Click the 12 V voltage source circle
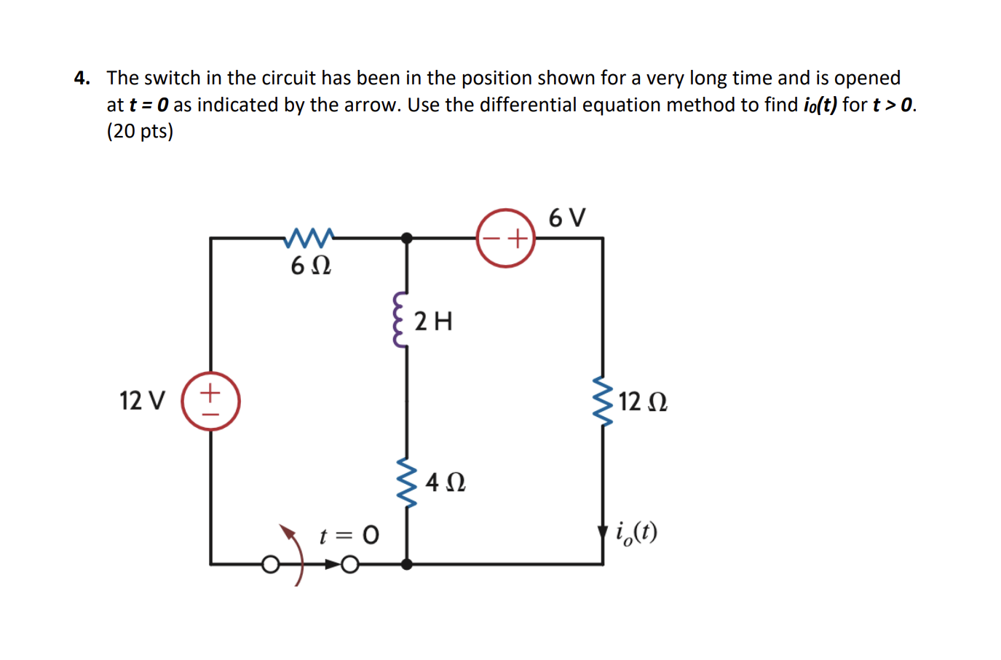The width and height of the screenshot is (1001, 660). click(x=210, y=401)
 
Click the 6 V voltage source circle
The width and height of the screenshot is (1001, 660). click(x=506, y=238)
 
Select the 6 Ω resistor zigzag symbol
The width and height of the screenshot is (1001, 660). click(x=310, y=237)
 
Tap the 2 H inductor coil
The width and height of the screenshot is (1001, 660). click(x=399, y=320)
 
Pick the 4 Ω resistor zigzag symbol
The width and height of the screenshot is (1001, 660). click(x=406, y=482)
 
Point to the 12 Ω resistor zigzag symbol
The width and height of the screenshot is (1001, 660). click(x=603, y=401)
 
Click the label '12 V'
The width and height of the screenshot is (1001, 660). click(x=143, y=401)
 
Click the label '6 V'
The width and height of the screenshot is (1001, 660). click(x=566, y=218)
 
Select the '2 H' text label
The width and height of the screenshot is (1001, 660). click(x=433, y=321)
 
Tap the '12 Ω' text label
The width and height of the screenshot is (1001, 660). click(x=643, y=402)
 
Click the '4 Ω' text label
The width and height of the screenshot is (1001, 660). click(x=446, y=482)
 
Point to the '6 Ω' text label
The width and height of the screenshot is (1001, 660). click(x=311, y=266)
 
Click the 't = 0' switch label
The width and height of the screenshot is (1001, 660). click(x=349, y=536)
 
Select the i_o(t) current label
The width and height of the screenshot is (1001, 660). click(x=636, y=533)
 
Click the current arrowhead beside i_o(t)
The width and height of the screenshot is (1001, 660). click(x=603, y=533)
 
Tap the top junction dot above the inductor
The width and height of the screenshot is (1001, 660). click(x=407, y=238)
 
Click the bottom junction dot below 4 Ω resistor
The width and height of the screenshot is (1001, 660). click(x=407, y=564)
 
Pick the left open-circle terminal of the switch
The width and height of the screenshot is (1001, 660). click(x=270, y=565)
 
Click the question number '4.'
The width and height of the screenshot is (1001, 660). click(x=82, y=78)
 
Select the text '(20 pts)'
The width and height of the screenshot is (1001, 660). click(x=140, y=131)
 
